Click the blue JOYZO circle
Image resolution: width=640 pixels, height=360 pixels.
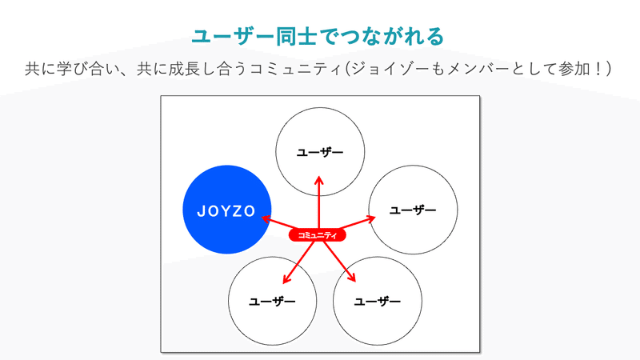[227, 210]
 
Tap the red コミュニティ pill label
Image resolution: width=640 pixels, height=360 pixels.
[317, 235]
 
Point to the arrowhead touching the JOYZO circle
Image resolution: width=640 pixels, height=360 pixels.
[266, 219]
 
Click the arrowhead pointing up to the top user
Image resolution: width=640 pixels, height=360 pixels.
[319, 181]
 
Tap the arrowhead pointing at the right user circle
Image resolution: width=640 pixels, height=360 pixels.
[370, 219]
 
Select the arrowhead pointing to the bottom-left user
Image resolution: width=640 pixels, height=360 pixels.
[286, 278]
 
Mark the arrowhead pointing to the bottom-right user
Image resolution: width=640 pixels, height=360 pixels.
[351, 277]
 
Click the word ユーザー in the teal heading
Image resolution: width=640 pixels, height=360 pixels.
[233, 36]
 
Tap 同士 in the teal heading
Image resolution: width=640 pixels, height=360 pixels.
[296, 36]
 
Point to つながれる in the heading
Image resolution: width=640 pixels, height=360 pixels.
[391, 36]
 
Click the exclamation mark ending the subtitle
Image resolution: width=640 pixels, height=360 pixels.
[598, 69]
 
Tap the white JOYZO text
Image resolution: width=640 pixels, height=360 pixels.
[226, 211]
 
